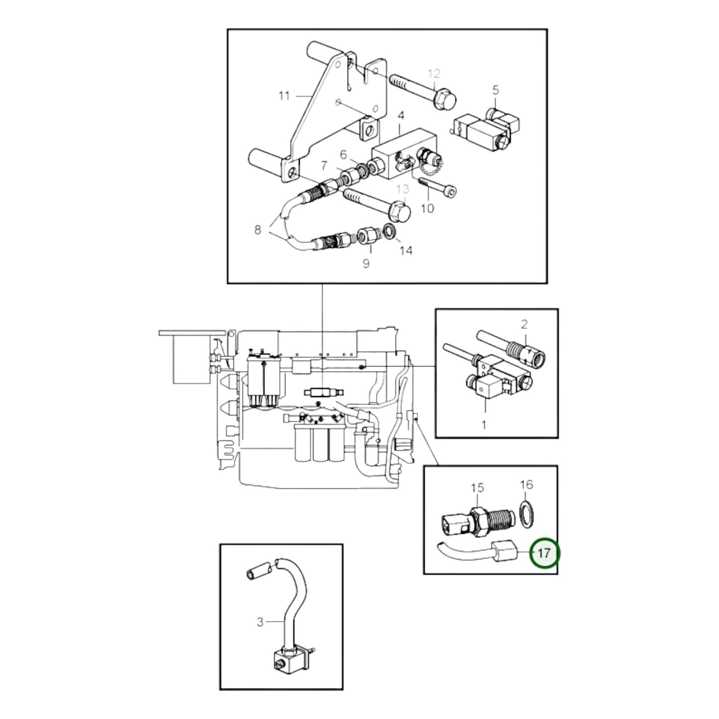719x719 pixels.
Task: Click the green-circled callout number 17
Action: coord(544,553)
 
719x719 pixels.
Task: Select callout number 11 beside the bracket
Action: coord(284,95)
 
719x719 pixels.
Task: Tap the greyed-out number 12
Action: coord(434,74)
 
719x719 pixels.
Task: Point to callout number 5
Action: coord(495,90)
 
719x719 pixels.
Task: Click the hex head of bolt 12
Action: coord(445,102)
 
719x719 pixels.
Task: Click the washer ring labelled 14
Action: coord(391,231)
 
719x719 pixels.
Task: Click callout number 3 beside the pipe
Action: coord(260,622)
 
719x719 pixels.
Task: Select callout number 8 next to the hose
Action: coord(257,230)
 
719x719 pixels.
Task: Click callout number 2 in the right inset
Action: coord(523,324)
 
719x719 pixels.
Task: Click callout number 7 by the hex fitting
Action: coord(324,165)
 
